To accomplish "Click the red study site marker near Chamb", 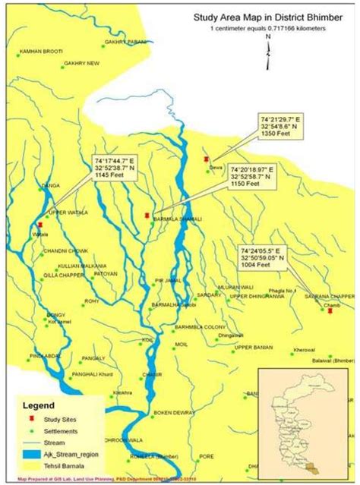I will (330, 310).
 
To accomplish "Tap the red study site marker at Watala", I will (39, 225).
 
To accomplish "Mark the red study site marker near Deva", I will (206, 159).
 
